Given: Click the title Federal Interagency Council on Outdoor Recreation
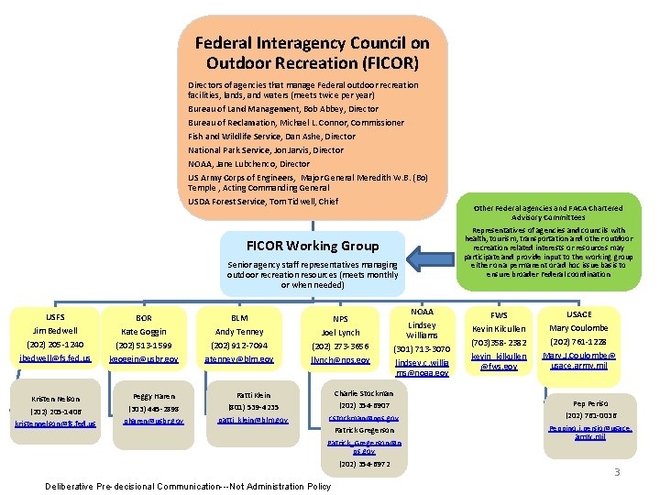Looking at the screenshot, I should (313, 53).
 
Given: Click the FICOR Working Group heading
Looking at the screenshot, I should (313, 246).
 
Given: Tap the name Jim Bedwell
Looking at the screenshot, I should (56, 331).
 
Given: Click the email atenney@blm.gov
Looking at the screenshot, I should (239, 359).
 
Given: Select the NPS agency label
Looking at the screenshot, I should (340, 318).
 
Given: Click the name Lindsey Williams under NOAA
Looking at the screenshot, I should (422, 330).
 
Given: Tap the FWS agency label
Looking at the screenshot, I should (500, 314).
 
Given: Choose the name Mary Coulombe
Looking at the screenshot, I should (578, 329).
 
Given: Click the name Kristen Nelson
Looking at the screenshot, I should (56, 399).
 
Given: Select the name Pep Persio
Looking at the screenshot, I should (590, 402).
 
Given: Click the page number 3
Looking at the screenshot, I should (617, 472).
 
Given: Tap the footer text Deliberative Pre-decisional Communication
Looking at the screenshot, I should (188, 486).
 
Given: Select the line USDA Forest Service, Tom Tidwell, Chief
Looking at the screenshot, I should (263, 201).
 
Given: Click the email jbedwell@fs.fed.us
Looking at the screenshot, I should (56, 359).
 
